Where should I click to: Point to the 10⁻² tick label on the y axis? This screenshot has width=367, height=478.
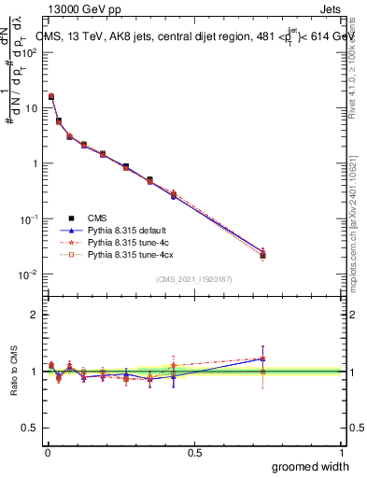point(29,274)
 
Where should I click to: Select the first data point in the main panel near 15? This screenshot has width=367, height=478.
point(50,96)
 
